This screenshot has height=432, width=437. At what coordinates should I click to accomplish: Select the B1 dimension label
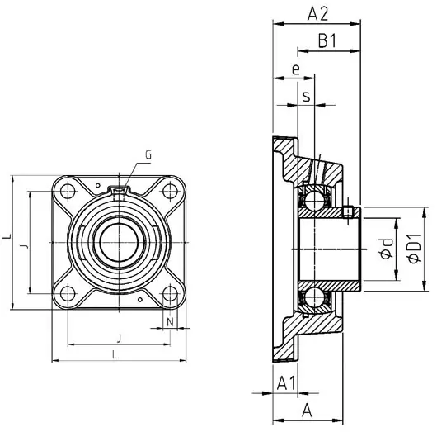327,41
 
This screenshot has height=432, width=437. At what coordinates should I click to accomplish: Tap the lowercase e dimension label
295,71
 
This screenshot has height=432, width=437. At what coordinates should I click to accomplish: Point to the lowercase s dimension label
307,97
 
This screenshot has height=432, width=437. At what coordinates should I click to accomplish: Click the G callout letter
148,154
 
